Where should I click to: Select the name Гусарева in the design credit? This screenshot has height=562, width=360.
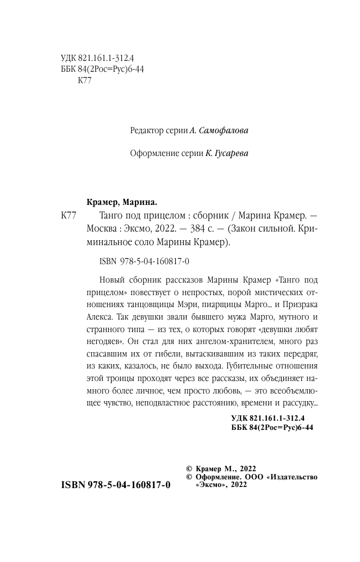[x=228, y=154]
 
